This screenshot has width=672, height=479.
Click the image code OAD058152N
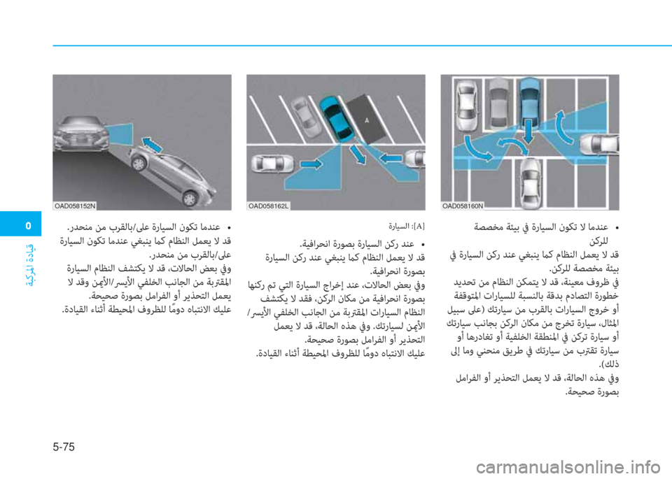(x=75, y=206)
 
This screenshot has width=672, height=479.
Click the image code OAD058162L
(x=269, y=206)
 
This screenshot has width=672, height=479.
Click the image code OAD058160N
(x=463, y=206)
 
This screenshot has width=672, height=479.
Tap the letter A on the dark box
(x=366, y=120)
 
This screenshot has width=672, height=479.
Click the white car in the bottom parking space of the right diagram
(x=530, y=181)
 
